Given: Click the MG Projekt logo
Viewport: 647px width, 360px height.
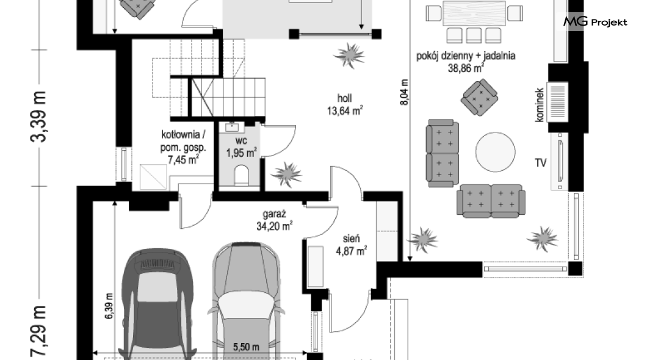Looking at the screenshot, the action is pyautogui.click(x=595, y=21).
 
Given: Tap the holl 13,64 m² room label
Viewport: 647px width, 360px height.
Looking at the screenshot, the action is pyautogui.click(x=344, y=104).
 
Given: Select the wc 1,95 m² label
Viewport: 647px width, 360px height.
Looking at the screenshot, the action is pyautogui.click(x=241, y=147).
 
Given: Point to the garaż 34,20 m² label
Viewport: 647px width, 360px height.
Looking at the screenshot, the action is pyautogui.click(x=275, y=220).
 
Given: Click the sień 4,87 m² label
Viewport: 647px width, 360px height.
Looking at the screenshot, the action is pyautogui.click(x=351, y=245).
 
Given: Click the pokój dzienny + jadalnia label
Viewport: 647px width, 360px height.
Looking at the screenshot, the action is pyautogui.click(x=466, y=62).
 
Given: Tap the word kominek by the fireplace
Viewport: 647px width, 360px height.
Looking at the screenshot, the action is pyautogui.click(x=539, y=105).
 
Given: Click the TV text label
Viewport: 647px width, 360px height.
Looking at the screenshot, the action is pyautogui.click(x=541, y=163).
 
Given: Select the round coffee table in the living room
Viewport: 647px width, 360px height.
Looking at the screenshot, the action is pyautogui.click(x=495, y=151).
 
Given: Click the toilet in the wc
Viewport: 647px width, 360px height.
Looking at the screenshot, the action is pyautogui.click(x=241, y=175).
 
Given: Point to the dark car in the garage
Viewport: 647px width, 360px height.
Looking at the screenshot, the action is pyautogui.click(x=158, y=305).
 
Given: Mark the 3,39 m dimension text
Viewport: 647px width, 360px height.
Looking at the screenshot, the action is pyautogui.click(x=38, y=117).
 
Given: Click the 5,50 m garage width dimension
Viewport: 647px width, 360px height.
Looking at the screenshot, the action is pyautogui.click(x=247, y=347).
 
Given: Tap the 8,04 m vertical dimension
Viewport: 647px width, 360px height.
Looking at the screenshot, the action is pyautogui.click(x=404, y=92).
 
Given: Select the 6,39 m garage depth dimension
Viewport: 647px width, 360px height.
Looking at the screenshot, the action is pyautogui.click(x=109, y=306).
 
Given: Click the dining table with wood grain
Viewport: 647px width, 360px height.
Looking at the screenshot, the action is pyautogui.click(x=474, y=13).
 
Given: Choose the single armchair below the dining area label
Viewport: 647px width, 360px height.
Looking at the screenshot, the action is pyautogui.click(x=479, y=97).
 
